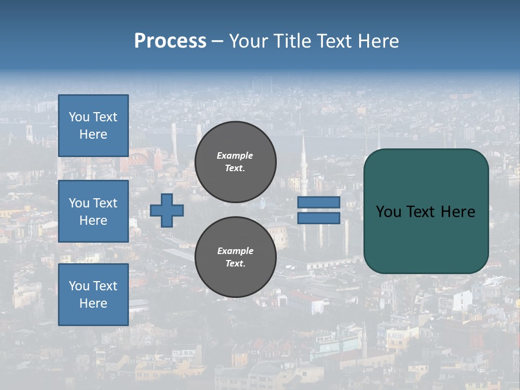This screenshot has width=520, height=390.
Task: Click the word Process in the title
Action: click(x=170, y=41)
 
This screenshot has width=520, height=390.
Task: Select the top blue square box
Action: click(x=93, y=126)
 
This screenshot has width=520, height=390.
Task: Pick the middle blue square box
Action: click(x=93, y=211)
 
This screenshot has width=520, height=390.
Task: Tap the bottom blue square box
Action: click(x=93, y=295)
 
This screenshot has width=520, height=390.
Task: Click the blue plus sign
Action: click(x=167, y=210)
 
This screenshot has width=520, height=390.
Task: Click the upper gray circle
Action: click(x=236, y=162)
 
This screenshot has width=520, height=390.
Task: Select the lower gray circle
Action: click(x=236, y=257)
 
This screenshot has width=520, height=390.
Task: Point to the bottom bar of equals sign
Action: click(x=318, y=218)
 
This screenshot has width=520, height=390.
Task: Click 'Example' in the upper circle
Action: click(x=235, y=155)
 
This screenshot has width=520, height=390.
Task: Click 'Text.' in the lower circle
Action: click(x=235, y=264)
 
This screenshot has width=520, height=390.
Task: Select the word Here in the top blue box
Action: click(x=93, y=134)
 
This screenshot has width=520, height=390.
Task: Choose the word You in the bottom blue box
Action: click(x=79, y=286)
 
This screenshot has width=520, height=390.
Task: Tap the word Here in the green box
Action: click(x=458, y=212)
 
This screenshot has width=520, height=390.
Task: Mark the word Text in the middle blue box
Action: click(x=105, y=203)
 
